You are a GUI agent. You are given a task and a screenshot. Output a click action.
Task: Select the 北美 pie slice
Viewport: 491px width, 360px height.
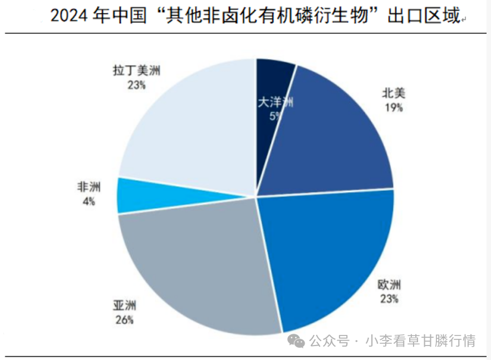(334, 139)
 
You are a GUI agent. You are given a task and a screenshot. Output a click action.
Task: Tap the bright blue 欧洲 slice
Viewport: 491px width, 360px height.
(328, 256)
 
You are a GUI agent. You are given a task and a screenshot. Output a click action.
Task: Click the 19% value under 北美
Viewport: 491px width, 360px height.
(393, 107)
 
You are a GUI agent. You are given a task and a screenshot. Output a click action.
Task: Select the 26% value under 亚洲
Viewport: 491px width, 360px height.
(124, 319)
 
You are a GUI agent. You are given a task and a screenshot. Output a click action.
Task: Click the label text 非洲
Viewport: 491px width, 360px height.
(89, 188)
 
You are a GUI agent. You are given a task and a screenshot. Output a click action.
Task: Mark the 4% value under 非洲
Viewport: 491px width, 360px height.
(89, 201)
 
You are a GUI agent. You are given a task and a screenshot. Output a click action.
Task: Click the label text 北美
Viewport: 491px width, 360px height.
(393, 93)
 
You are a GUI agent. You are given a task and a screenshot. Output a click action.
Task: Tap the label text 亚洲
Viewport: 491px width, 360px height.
(125, 305)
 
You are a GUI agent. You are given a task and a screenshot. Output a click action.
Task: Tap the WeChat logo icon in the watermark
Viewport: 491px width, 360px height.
(296, 340)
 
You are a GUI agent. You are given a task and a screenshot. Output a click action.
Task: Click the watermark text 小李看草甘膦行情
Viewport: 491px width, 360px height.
(420, 341)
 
